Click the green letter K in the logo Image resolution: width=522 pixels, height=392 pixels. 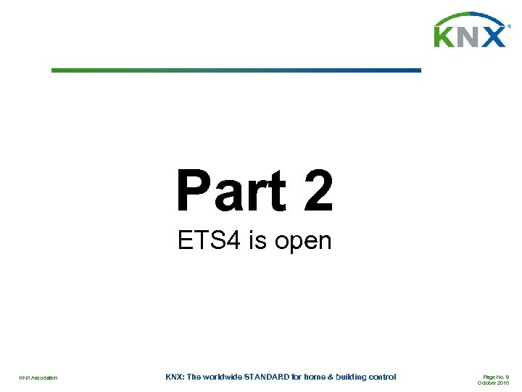click(x=444, y=36)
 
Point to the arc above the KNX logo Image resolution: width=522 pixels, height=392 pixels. click(x=469, y=17)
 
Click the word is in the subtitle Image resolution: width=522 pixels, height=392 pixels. click(x=257, y=240)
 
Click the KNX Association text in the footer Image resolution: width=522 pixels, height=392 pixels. click(x=38, y=377)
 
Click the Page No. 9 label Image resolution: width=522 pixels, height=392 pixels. click(x=496, y=376)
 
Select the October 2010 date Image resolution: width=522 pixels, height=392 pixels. click(x=494, y=383)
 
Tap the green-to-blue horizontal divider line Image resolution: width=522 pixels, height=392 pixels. click(x=236, y=70)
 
